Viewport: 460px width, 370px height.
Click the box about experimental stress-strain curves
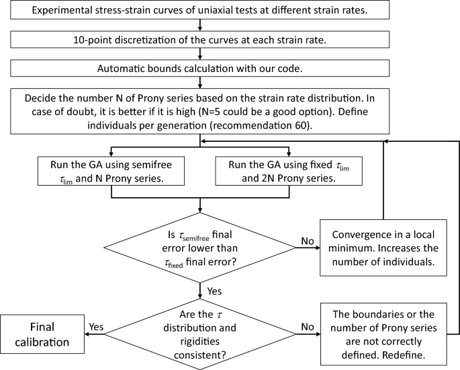tap(200, 12)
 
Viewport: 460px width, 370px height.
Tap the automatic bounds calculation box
tap(200, 69)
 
